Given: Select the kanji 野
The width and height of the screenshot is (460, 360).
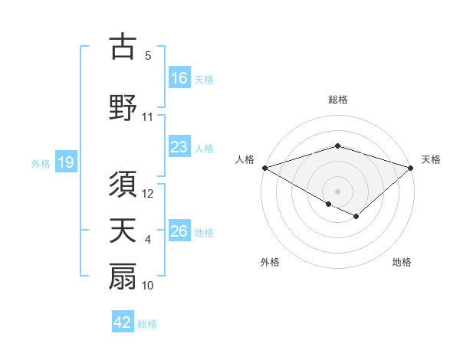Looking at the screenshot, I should (x=123, y=107).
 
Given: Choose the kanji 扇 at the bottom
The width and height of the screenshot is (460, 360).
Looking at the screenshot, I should (x=123, y=277).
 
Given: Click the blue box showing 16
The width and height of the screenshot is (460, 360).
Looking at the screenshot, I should (x=179, y=78).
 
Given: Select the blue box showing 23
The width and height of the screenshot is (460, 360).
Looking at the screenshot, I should (x=179, y=148).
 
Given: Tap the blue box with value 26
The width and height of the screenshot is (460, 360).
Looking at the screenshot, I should (x=179, y=232).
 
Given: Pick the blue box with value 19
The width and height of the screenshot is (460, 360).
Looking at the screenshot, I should (x=65, y=163).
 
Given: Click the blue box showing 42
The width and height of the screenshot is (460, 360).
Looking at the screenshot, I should (x=123, y=323).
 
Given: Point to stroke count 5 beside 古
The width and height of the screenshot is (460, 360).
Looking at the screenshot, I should (x=148, y=56).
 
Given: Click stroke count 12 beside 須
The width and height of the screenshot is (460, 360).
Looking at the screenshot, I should (x=148, y=195).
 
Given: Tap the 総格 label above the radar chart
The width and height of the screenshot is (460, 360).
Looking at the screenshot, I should (x=337, y=100).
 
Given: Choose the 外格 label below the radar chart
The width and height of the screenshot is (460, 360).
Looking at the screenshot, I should (x=270, y=262).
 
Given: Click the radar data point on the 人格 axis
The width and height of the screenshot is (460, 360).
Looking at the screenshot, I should (x=264, y=168).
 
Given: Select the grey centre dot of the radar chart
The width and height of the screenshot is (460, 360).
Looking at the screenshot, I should (x=337, y=190).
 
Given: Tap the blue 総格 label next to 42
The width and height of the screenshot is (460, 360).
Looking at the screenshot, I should (x=147, y=324).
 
